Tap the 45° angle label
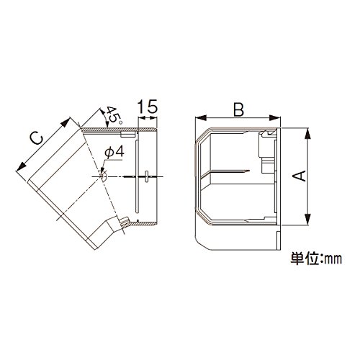[114, 115]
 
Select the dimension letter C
[36, 139]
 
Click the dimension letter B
[238, 109]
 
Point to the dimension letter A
[300, 176]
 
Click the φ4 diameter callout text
[114, 152]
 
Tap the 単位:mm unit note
[316, 258]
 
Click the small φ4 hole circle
[104, 176]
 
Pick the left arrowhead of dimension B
[201, 118]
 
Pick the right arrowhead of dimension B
[275, 118]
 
